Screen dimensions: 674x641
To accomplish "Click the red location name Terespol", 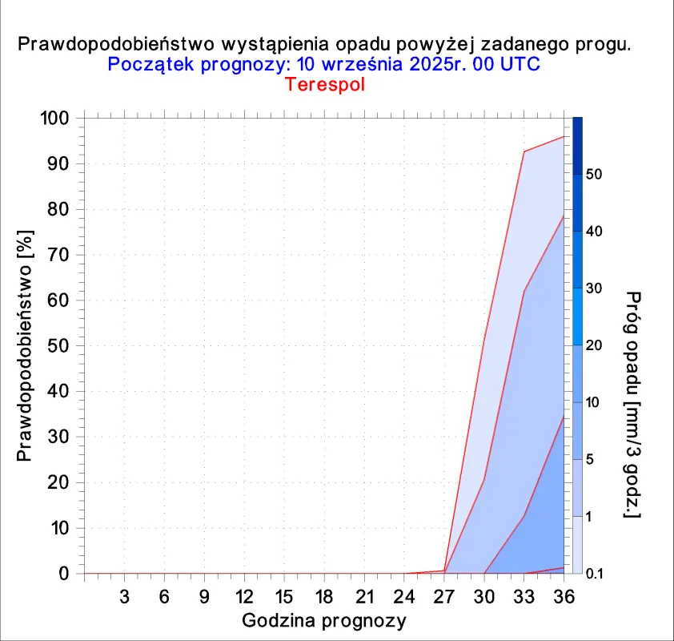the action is coord(325,84).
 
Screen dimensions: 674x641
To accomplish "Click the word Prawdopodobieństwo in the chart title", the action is coord(116,45).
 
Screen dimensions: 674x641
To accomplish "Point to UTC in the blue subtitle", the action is coord(520,65).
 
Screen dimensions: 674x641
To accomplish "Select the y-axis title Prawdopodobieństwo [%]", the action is coord(25,346).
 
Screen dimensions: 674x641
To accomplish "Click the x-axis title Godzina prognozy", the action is coord(324,621).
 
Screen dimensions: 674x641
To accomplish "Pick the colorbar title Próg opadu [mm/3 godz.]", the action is coord(632,405).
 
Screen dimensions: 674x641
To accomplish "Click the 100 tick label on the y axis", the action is coord(54,118).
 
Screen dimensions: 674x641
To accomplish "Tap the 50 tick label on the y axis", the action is coord(58,346).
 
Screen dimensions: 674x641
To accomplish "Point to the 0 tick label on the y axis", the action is coord(64,574).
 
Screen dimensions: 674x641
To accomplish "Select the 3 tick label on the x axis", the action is coord(124,597).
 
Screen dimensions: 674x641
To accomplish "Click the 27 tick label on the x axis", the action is coord(444,597).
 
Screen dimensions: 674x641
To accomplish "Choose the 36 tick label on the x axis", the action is coord(564,597).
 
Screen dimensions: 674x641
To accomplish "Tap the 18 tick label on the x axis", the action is coord(324,597).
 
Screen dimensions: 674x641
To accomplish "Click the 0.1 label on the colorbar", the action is coord(595,574).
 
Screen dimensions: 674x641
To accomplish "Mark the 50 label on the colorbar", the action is coord(594,174).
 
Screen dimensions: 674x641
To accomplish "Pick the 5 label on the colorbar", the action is coord(589,459).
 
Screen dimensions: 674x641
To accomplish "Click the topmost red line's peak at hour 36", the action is coord(564,137).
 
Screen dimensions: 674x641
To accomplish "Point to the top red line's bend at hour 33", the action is coord(524,151).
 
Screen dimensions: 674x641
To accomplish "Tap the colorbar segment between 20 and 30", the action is coord(577,316).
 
